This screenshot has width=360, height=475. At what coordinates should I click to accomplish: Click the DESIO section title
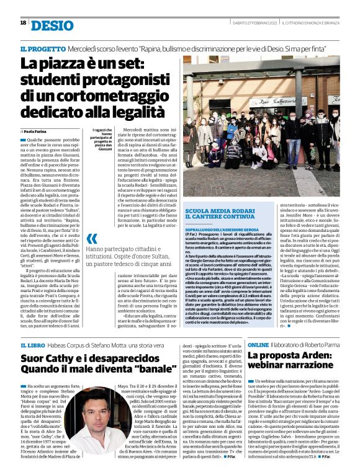pyautogui.click(x=51, y=24)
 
